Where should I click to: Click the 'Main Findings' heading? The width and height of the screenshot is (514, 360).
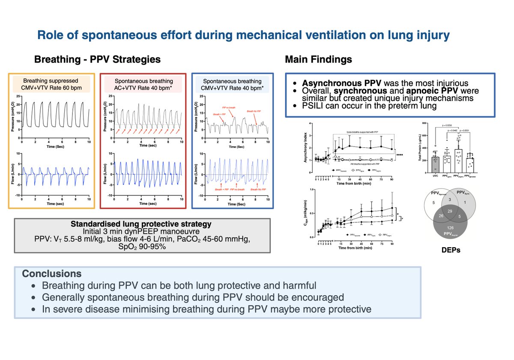point(318,60)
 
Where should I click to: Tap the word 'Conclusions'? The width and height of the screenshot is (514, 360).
point(51,273)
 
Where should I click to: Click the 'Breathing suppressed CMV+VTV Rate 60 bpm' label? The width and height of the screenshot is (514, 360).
point(51,84)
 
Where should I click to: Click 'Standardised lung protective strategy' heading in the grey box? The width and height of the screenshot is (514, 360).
point(141,224)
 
